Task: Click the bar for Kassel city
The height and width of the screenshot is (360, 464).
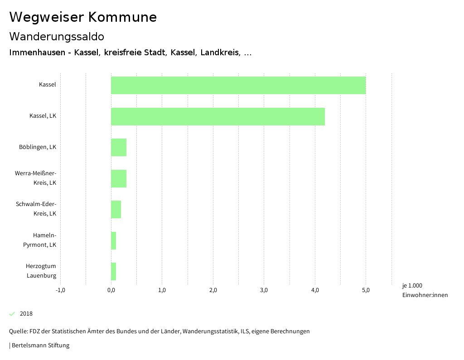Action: [238, 85]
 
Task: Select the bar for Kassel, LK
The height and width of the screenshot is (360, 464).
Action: [218, 116]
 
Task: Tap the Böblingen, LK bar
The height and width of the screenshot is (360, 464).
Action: [119, 148]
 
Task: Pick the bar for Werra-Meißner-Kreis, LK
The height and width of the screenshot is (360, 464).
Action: [119, 178]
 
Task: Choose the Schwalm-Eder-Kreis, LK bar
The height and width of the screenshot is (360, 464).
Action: [116, 209]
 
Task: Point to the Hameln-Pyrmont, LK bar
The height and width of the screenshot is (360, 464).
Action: [114, 240]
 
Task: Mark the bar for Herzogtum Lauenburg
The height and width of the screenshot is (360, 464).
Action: [114, 271]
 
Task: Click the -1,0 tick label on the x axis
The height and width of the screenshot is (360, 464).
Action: [60, 290]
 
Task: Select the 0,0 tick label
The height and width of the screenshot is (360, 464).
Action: [111, 290]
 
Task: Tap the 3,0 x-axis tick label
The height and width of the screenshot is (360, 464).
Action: [264, 290]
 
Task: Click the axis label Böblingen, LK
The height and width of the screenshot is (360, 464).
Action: [38, 147]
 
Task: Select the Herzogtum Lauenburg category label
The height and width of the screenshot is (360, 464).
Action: [41, 271]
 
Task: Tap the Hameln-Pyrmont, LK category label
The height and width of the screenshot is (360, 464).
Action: [40, 240]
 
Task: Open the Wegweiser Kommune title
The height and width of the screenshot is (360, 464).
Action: [83, 17]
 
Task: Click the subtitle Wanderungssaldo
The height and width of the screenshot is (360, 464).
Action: [57, 36]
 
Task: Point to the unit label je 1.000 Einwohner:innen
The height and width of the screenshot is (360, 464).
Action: [425, 290]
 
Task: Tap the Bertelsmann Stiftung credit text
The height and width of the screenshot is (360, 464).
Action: [40, 346]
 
